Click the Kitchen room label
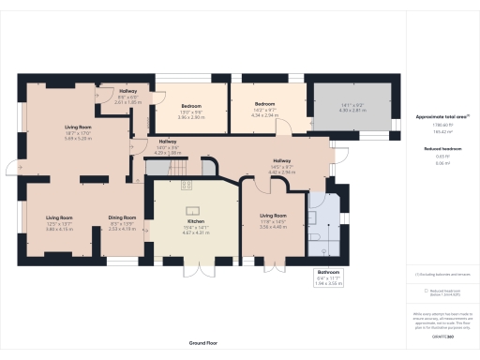click(x=196, y=221)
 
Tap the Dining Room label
click(x=123, y=217)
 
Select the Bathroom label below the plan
click(x=328, y=272)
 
